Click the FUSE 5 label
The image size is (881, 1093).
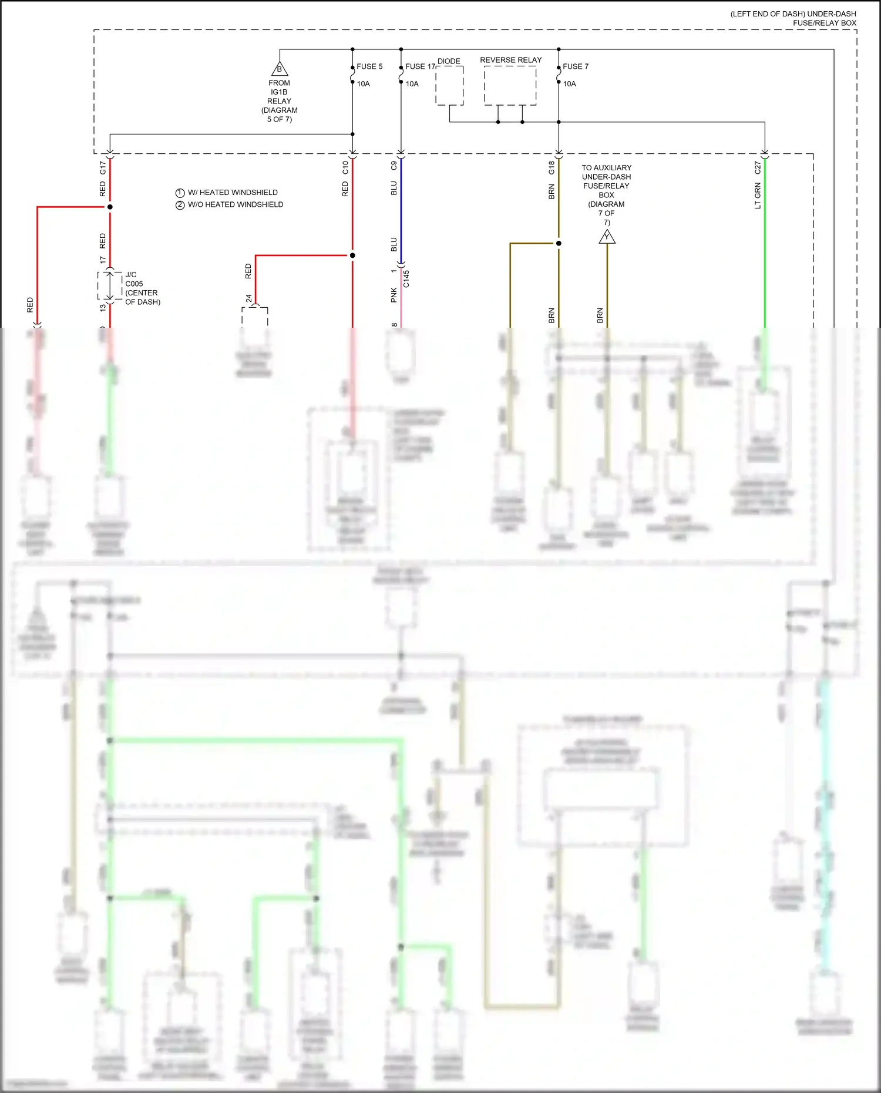[x=369, y=66]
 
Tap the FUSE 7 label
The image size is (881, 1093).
[x=576, y=66]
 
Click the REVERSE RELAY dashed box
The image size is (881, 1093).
[x=510, y=86]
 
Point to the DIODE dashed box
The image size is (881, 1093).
[x=449, y=86]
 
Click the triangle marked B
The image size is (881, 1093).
[x=280, y=69]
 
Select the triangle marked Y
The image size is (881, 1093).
[x=607, y=237]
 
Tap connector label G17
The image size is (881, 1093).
[x=103, y=168]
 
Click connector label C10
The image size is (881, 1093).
[x=345, y=168]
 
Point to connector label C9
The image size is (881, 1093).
[x=394, y=166]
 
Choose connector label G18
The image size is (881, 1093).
[x=552, y=168]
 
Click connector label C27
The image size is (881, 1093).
[x=758, y=168]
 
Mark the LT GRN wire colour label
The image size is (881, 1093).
[x=758, y=196]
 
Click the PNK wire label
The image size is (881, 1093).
[x=394, y=295]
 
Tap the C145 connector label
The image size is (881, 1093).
[x=406, y=278]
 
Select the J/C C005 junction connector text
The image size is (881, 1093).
[x=142, y=288]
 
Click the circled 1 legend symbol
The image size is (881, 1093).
[x=180, y=193]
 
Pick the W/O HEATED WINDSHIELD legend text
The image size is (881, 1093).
[x=236, y=204]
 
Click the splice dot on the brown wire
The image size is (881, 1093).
[x=559, y=243]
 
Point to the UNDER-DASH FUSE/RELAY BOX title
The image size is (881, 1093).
[x=793, y=18]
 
